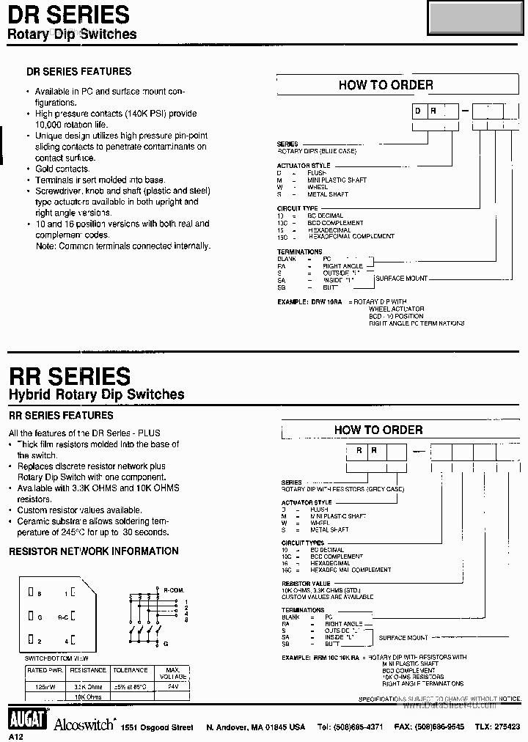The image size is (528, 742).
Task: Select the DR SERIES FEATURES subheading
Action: pyautogui.click(x=79, y=71)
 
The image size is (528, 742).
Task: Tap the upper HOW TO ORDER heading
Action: pyautogui.click(x=386, y=85)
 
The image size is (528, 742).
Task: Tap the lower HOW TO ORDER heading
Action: pyautogui.click(x=378, y=430)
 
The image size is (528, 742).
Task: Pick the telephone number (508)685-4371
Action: pyautogui.click(x=350, y=727)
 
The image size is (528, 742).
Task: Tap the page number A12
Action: pyautogui.click(x=16, y=735)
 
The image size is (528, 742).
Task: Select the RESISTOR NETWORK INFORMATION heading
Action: pyautogui.click(x=93, y=551)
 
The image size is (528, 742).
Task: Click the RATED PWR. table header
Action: pyautogui.click(x=45, y=670)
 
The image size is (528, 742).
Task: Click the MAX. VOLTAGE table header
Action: pyautogui.click(x=173, y=673)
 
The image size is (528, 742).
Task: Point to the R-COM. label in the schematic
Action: pyautogui.click(x=174, y=589)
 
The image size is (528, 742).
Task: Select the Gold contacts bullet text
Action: pyautogui.click(x=62, y=169)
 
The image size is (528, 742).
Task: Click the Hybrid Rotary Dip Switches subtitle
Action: pyautogui.click(x=96, y=394)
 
